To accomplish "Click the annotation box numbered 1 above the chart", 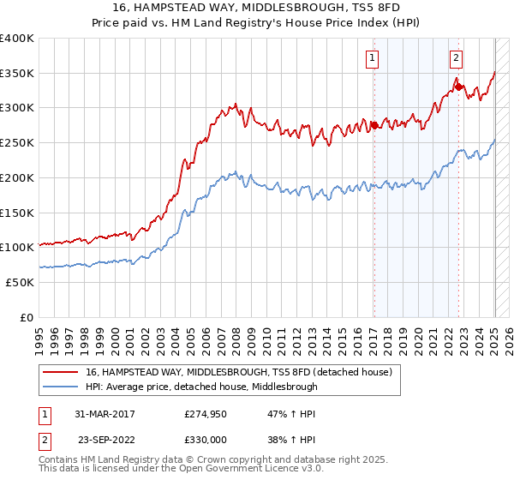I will click(374, 58).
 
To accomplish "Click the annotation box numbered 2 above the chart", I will click(456, 58).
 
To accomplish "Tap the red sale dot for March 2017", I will click(374, 125).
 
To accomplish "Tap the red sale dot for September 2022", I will click(458, 87).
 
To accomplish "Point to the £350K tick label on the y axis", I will click(17, 73).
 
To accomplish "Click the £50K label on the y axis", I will click(21, 282).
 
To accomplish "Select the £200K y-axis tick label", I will click(17, 177).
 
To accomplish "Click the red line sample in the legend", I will click(61, 372).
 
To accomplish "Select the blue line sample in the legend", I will click(61, 387).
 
